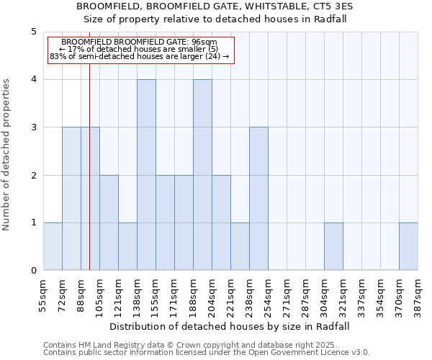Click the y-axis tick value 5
[33, 32]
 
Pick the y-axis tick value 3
[33, 127]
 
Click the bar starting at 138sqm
[146, 175]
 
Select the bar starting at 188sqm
[202, 175]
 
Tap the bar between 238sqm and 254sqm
[258, 199]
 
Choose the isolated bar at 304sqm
[333, 247]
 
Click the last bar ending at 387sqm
[408, 247]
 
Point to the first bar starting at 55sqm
[53, 247]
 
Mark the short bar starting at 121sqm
[127, 247]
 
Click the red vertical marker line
[89, 180]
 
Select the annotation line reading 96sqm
[140, 42]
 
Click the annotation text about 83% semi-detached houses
[140, 55]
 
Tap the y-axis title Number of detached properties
[7, 156]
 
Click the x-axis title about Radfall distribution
[230, 326]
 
